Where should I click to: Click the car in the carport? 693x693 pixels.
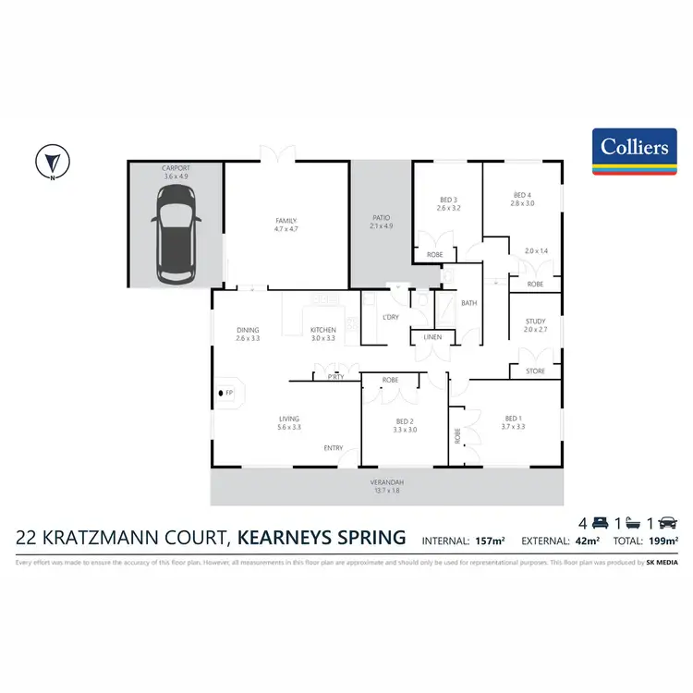coord(175,233)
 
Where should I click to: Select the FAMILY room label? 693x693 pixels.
coord(286,221)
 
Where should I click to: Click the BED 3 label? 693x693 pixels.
coord(448,200)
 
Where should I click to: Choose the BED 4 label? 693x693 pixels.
coord(522,195)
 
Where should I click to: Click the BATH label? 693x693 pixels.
coord(468,303)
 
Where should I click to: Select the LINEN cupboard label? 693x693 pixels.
coord(433,337)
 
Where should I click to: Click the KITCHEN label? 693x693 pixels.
coord(322,330)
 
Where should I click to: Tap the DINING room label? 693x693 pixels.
coord(247,330)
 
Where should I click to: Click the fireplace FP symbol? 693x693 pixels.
coord(226,395)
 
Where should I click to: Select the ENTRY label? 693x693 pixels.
coord(333,448)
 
